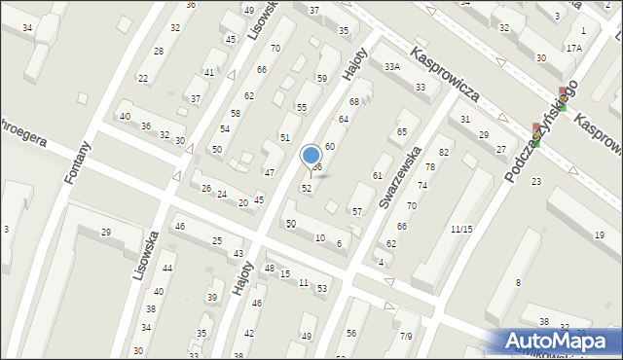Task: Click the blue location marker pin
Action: coord(311,156)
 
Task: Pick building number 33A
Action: coord(391,67)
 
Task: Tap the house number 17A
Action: coord(573,48)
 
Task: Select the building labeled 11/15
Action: coord(461,229)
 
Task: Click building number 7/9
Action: coord(406,336)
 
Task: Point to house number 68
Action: coord(354,101)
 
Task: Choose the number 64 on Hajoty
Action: coord(343,119)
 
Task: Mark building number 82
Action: coord(444,153)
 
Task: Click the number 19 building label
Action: coord(599,235)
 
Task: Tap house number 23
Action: coord(536,182)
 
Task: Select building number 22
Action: coord(142,78)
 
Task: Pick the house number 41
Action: coord(208,73)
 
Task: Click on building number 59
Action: coord(321,78)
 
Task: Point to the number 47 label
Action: coord(270,172)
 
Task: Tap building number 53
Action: coord(322,289)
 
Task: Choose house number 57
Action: coord(357,211)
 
